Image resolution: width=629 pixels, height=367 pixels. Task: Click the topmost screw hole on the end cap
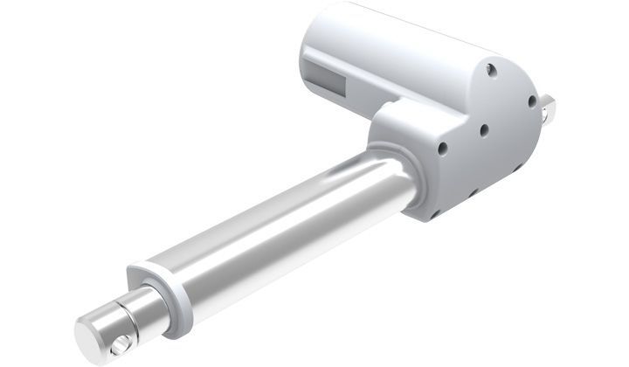pyautogui.click(x=494, y=66)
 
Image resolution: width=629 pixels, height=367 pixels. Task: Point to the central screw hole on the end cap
pyautogui.click(x=483, y=130)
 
